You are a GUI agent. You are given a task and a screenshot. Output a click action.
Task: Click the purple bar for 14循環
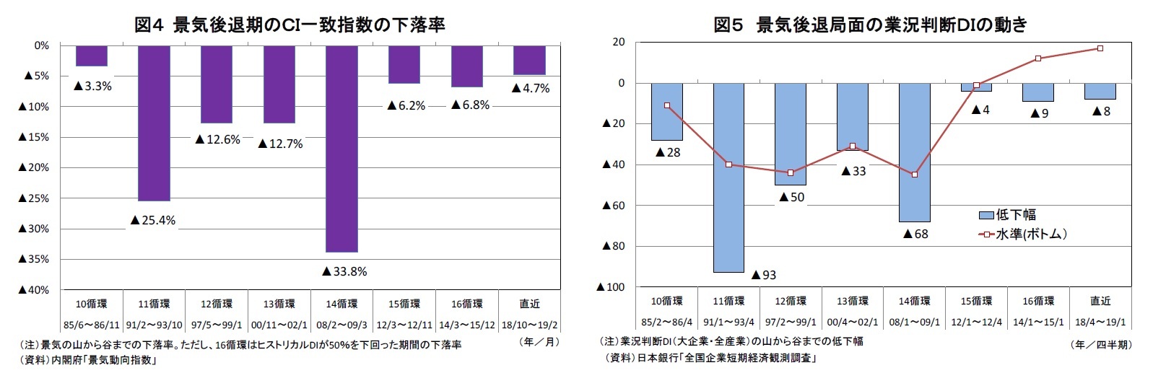point(341,148)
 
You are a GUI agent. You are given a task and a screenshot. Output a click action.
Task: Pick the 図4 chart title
point(290,25)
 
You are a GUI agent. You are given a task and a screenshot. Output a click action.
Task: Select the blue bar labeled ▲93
point(728,177)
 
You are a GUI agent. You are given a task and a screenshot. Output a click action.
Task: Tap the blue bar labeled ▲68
point(914,152)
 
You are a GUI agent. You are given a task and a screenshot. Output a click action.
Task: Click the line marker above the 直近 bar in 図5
point(1100,48)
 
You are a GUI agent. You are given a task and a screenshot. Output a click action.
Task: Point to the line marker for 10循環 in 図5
point(667,105)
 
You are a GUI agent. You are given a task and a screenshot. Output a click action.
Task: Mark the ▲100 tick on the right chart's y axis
point(610,287)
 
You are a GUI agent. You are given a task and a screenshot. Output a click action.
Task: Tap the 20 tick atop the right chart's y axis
point(618,42)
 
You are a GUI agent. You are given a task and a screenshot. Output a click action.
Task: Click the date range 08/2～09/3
point(341,325)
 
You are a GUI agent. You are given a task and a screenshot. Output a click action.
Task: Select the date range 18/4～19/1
point(1100,323)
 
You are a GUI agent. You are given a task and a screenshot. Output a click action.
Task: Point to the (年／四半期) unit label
point(1102,345)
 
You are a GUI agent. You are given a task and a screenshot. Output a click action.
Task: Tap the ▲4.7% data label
point(531,88)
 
